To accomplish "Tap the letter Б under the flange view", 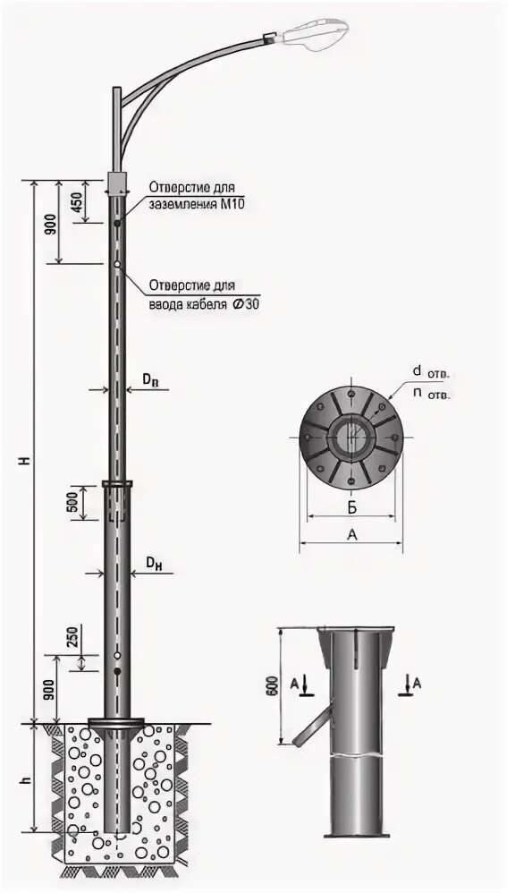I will point(352,507).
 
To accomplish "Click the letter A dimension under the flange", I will point(351,534).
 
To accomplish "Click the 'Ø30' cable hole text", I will point(247,303).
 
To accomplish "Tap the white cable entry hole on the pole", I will point(117,264).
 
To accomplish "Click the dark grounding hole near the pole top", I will point(117,221).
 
